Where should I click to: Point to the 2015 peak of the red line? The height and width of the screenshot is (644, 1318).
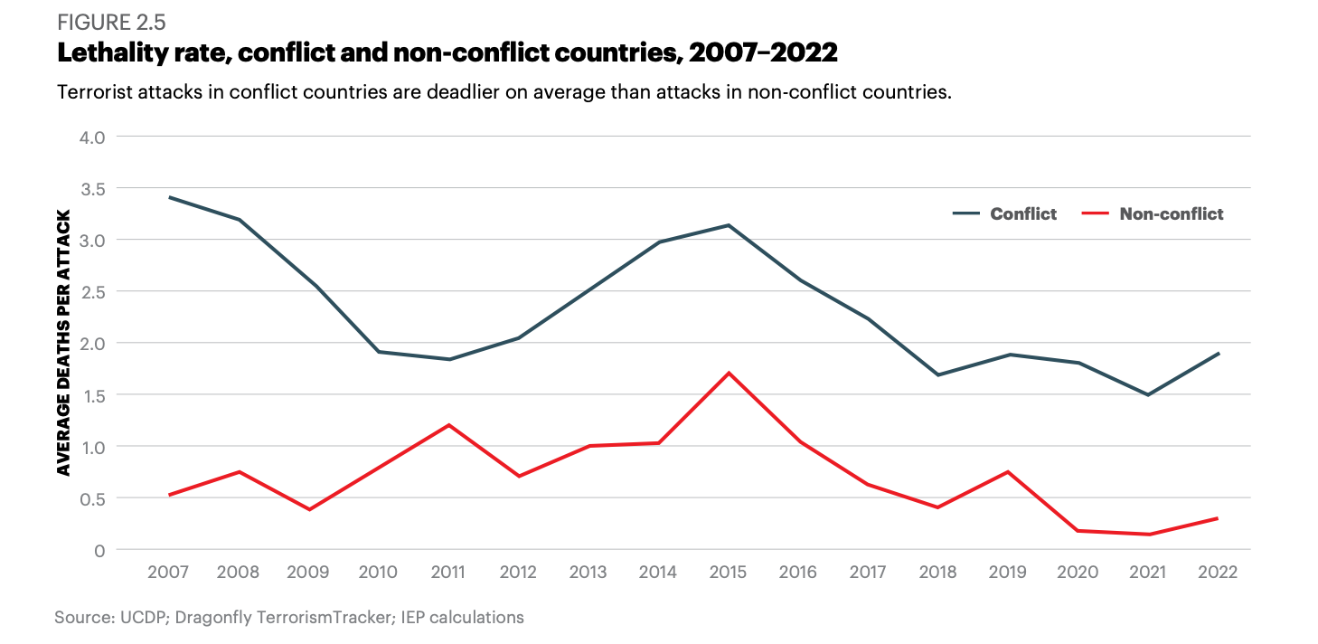729,373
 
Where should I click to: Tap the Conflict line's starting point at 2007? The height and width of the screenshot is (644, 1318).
169,197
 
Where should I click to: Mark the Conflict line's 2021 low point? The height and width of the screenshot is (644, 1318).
1148,394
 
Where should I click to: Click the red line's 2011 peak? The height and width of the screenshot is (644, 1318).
448,425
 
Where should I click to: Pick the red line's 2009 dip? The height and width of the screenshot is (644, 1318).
309,509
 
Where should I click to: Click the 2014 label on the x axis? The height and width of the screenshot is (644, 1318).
658,573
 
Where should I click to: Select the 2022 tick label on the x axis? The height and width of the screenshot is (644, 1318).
1218,573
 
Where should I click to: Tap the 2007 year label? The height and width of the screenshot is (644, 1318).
169,573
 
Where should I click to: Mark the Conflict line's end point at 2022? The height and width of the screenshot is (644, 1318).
1219,354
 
